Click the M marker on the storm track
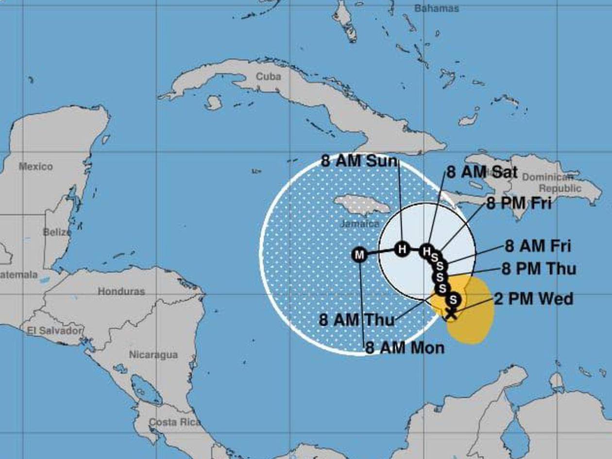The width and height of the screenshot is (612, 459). [359, 255]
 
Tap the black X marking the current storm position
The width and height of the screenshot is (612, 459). [451, 313]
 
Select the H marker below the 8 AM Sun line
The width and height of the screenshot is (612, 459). [402, 250]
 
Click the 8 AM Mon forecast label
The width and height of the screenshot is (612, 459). [405, 348]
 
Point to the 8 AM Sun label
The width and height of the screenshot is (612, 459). [359, 161]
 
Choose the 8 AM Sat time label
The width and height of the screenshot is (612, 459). [482, 172]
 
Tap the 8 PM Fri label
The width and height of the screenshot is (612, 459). [519, 203]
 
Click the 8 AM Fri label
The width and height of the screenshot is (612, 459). [538, 246]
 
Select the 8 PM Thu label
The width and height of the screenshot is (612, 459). [539, 269]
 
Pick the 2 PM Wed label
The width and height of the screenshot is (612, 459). [533, 298]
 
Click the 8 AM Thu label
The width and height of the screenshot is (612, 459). [357, 321]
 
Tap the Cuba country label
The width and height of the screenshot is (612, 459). [268, 76]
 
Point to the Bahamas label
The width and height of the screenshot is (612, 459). [437, 8]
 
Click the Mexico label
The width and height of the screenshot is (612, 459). [35, 167]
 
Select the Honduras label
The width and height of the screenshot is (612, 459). [121, 291]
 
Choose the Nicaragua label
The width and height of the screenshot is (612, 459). [153, 355]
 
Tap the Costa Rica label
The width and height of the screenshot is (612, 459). [174, 422]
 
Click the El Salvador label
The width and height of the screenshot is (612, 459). [55, 331]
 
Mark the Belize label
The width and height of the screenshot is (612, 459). [57, 232]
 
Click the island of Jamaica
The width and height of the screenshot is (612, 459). [362, 205]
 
